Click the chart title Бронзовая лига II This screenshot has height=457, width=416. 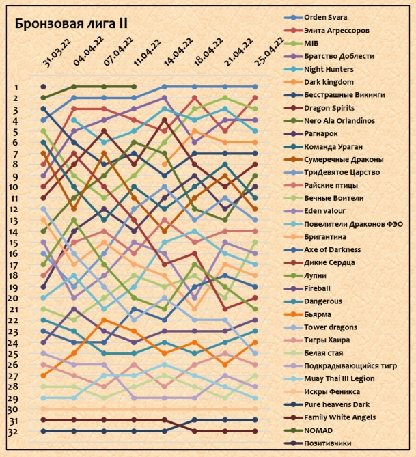[71, 24]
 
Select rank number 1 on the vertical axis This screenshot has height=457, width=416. [16, 87]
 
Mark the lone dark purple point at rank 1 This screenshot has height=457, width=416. [44, 87]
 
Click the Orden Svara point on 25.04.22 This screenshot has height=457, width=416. [255, 87]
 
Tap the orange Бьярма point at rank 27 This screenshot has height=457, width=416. [44, 375]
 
